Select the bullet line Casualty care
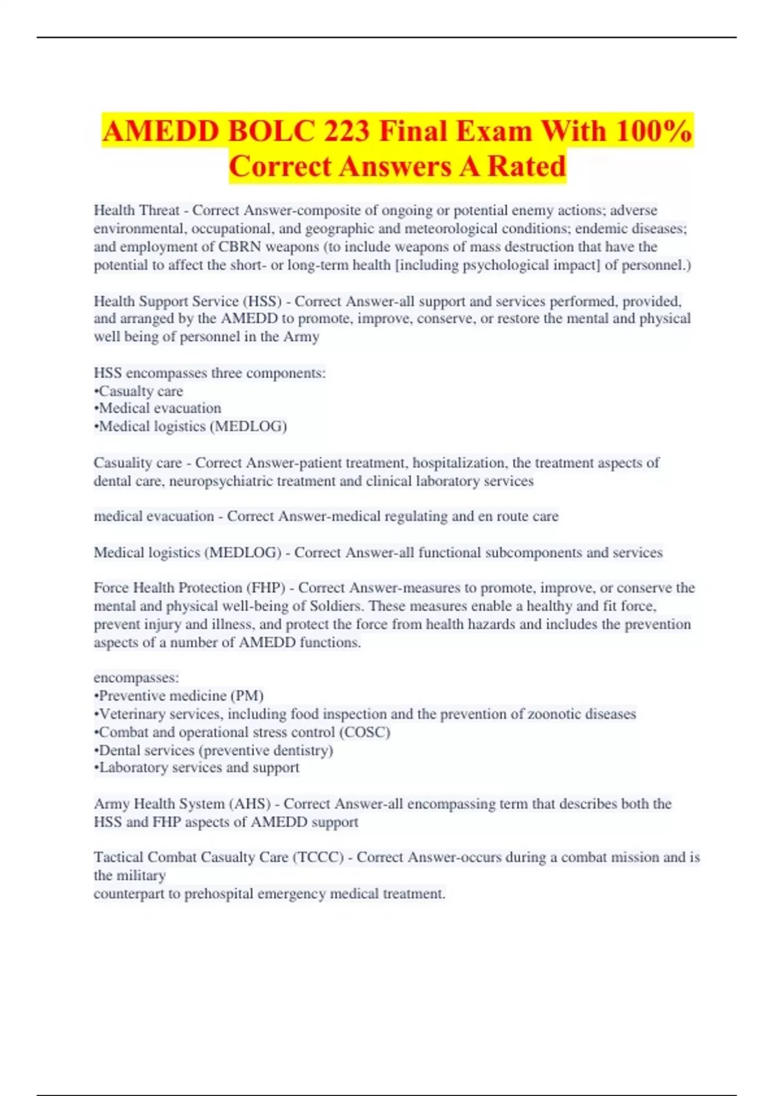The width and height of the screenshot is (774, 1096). click(x=139, y=391)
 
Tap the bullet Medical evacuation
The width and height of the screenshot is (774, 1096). click(x=158, y=408)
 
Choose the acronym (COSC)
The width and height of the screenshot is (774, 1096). click(x=364, y=732)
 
